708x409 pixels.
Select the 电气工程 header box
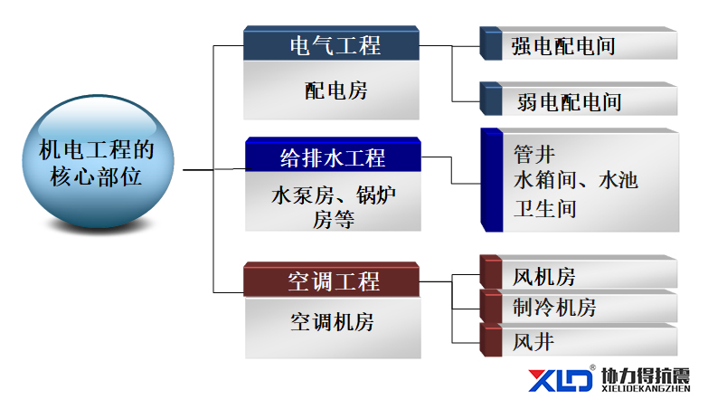[332, 43]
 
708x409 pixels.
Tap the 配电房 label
[336, 90]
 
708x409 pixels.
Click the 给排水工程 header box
[334, 155]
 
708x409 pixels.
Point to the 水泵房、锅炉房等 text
[334, 207]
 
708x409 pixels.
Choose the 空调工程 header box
[332, 280]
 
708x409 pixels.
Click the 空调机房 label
[333, 322]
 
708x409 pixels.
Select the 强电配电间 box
[579, 43]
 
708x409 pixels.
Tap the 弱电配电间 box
[579, 99]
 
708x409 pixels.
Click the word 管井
[534, 155]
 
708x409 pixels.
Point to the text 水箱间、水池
[576, 180]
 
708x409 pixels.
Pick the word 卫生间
[545, 209]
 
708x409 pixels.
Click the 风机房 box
[579, 271]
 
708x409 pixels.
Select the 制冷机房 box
[579, 307]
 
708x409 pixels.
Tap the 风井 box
[579, 340]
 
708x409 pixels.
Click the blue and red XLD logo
[561, 380]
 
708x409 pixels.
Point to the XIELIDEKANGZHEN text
[646, 388]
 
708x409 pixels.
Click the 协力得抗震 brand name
[646, 376]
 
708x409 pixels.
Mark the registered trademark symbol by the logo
[592, 368]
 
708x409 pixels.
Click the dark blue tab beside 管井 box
[492, 180]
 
